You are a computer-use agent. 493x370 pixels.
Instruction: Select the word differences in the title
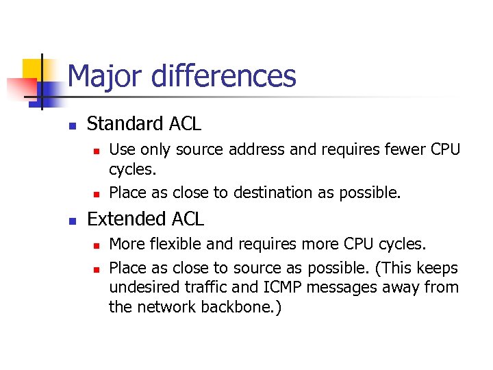point(223,76)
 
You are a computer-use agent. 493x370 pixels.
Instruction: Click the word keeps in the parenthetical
point(439,267)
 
